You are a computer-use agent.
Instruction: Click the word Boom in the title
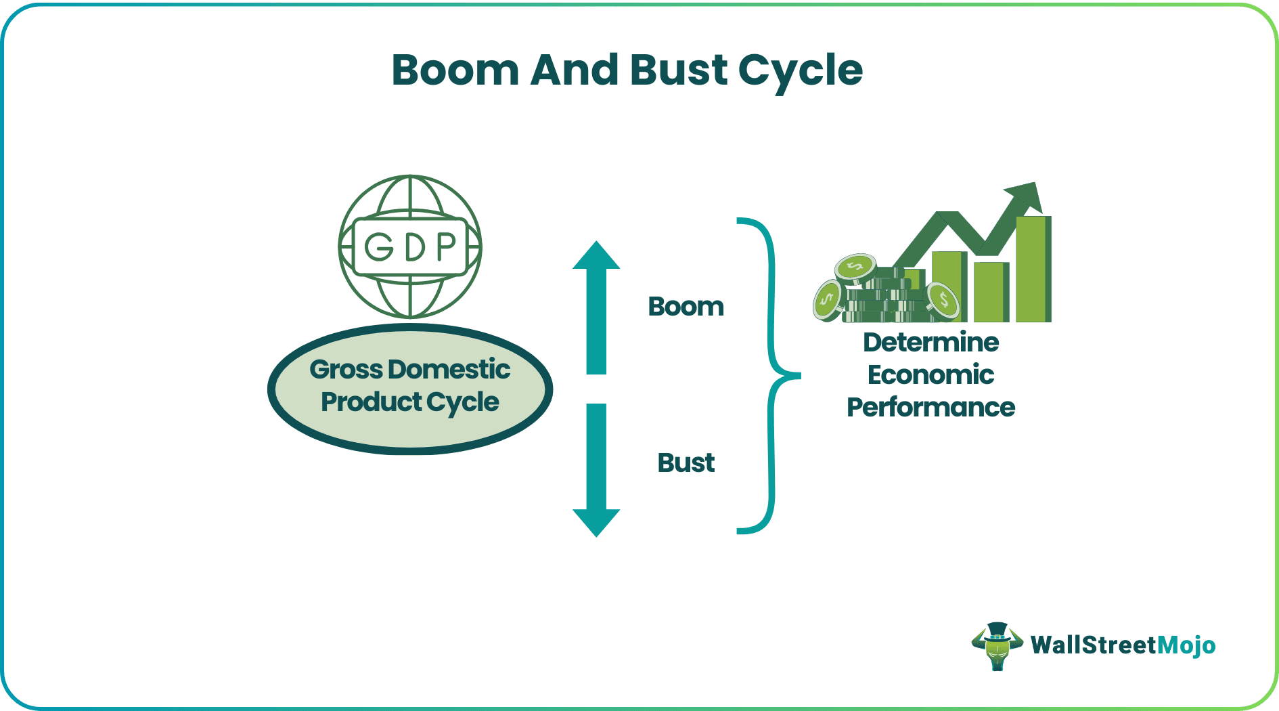(455, 70)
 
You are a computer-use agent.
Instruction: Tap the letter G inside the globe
(379, 247)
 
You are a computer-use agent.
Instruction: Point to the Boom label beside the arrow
(686, 307)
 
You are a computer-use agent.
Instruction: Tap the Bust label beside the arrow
(686, 463)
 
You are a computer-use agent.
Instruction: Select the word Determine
(930, 343)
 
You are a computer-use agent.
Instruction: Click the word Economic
(930, 375)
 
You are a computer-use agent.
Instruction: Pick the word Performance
(930, 408)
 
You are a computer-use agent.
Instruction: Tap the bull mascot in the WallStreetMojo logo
(997, 646)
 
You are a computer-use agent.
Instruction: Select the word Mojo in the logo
(1186, 645)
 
